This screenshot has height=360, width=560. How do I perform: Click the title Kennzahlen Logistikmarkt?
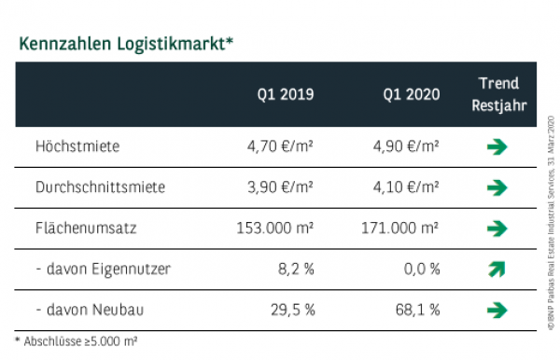[x=123, y=43]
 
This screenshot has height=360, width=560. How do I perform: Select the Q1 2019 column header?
[x=286, y=94]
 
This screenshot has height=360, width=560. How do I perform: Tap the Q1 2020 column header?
[x=411, y=94]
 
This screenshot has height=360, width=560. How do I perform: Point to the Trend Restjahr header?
[x=497, y=94]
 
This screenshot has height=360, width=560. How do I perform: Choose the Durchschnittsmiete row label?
[x=87, y=187]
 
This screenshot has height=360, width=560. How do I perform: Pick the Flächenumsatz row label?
[x=77, y=228]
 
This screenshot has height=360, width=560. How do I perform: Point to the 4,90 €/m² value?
[x=406, y=146]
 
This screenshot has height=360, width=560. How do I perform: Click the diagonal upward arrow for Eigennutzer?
[x=497, y=270]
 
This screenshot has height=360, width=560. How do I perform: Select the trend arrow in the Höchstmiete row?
[x=497, y=146]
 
